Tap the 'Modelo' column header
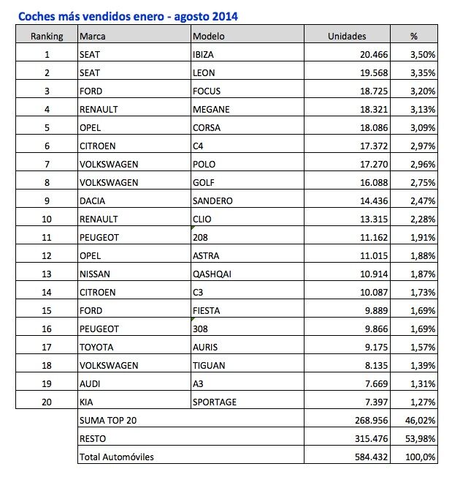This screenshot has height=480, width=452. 209,35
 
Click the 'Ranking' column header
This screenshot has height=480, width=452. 47,35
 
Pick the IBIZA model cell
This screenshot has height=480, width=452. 204,54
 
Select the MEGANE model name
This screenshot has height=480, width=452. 211,110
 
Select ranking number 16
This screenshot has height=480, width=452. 47,329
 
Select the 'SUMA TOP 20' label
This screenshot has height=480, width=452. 107,421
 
